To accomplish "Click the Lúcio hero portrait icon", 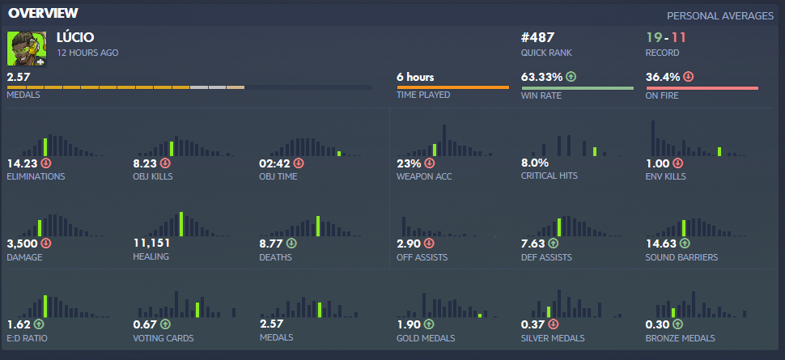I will [x=24, y=49].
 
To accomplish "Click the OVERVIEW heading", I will [x=44, y=13].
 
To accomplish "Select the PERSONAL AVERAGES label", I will [x=719, y=16].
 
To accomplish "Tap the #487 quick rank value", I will [x=538, y=37].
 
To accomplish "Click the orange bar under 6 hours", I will [x=452, y=87].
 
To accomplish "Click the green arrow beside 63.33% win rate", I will [x=571, y=78].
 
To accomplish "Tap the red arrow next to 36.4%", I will [x=688, y=78].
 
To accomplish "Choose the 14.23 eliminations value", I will [x=22, y=163].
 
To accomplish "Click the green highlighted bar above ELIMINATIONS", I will [x=45, y=146].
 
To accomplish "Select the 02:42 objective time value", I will [x=274, y=163].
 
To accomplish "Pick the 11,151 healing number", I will [x=151, y=243].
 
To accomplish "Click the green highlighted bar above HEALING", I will [x=180, y=224].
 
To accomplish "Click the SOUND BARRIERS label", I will [x=682, y=257].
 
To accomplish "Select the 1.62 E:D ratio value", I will [x=19, y=324].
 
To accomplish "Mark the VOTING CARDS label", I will [x=163, y=337].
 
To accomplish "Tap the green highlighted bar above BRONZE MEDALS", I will [x=673, y=312].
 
